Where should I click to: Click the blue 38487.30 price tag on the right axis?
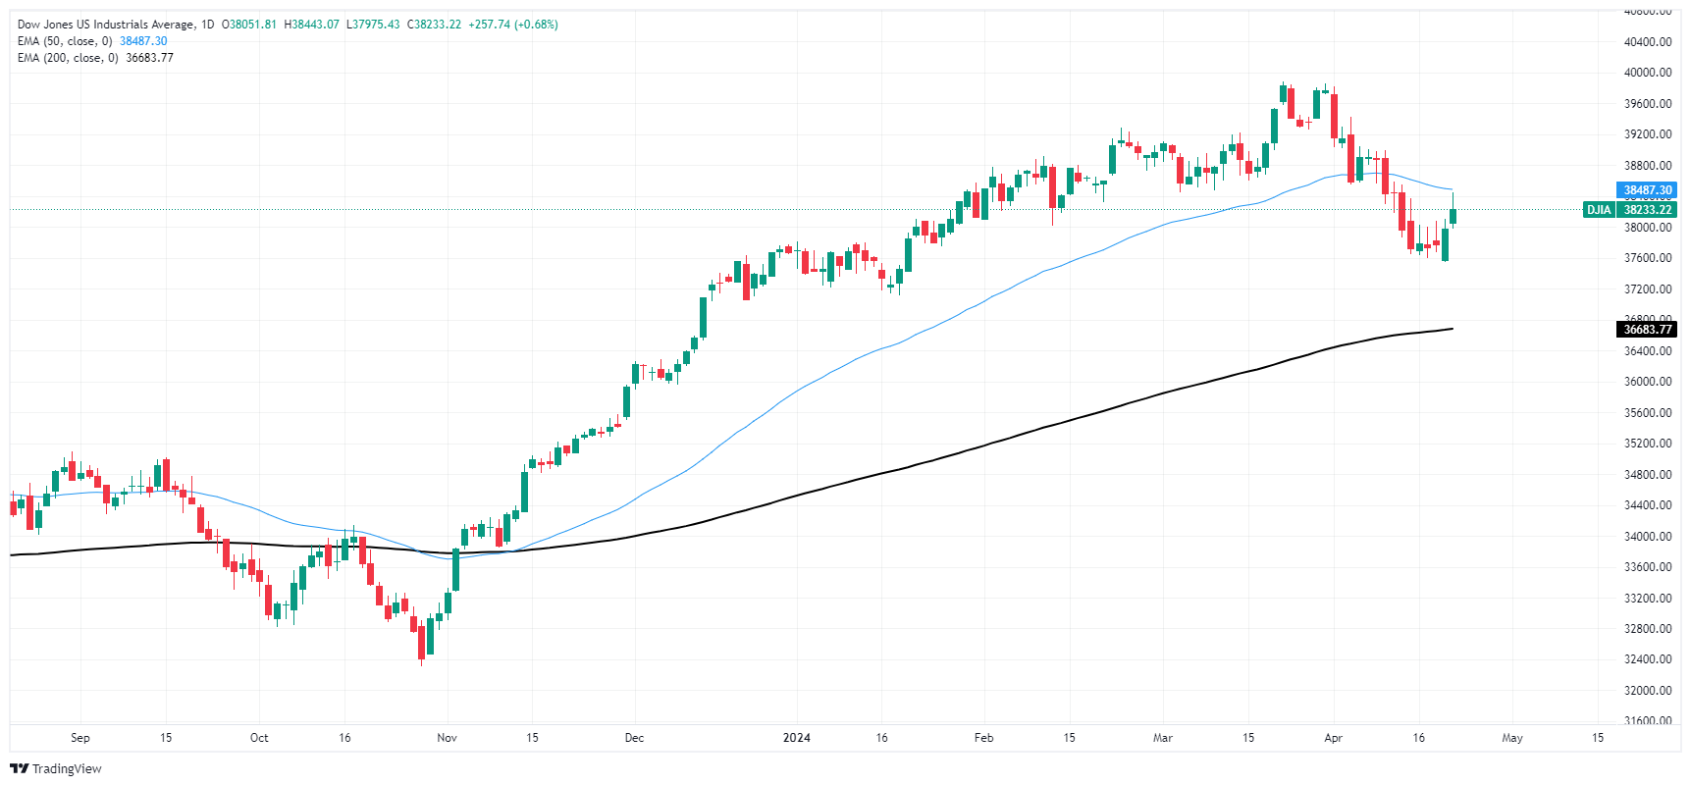click(x=1646, y=190)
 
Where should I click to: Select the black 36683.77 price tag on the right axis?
click(x=1646, y=330)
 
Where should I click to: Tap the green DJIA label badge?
click(x=1599, y=210)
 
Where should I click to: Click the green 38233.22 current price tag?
click(x=1647, y=210)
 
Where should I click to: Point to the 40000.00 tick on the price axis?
click(x=1648, y=73)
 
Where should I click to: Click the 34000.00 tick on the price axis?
click(x=1648, y=537)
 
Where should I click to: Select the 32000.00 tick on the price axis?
click(x=1648, y=691)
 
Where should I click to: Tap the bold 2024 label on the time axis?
click(x=797, y=738)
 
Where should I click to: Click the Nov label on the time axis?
click(x=447, y=738)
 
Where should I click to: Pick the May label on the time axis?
click(x=1512, y=738)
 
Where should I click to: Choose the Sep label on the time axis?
click(x=80, y=738)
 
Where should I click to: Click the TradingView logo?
click(x=56, y=768)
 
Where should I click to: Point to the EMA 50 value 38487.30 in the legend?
click(x=143, y=41)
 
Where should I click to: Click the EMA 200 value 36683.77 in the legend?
click(x=149, y=58)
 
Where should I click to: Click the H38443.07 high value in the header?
click(x=312, y=25)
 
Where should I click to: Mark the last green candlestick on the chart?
click(x=1453, y=216)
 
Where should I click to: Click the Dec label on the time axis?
click(x=634, y=738)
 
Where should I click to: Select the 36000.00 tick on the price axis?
click(x=1648, y=382)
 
